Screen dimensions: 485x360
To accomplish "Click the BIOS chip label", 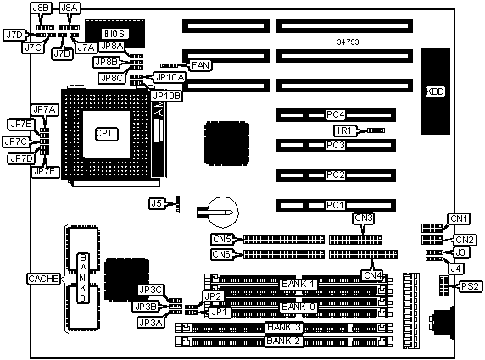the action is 114,33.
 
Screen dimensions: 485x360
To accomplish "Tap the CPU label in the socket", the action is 106,134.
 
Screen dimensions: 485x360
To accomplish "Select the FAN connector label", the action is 200,65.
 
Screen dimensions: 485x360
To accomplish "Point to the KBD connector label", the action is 436,91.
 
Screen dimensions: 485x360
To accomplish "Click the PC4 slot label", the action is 335,115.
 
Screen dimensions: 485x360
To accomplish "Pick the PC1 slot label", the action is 335,205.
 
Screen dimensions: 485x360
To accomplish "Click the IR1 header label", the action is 344,130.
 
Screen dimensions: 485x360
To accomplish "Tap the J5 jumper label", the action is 157,203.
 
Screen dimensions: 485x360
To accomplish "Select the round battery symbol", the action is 223,212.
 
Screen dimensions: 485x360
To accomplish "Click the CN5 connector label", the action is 222,239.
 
